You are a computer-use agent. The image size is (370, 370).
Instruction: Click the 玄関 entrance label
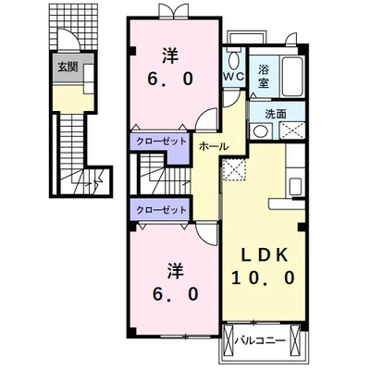[x=68, y=67]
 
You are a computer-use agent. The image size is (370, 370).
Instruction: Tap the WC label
[x=234, y=76]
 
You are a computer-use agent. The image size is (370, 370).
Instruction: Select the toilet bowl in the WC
[x=234, y=60]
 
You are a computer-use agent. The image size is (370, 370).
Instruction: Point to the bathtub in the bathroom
[x=292, y=77]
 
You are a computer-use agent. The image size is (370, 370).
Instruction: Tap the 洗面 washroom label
[x=276, y=115]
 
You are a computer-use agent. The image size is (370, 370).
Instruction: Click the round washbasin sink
[x=261, y=131]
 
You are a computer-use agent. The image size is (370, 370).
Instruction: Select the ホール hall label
[x=214, y=146]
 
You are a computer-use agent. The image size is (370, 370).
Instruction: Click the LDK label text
[x=264, y=255]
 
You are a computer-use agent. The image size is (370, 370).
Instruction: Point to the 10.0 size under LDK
[x=264, y=278]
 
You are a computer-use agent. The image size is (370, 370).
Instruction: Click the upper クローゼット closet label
[x=161, y=142]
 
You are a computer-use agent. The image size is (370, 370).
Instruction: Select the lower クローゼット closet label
[x=161, y=210]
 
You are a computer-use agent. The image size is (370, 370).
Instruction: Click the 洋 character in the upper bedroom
[x=170, y=56]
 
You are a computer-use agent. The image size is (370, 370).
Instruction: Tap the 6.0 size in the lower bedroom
[x=175, y=294]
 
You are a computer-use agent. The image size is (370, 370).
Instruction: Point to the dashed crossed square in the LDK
[x=234, y=169]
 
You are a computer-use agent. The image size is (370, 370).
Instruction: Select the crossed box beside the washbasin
[x=291, y=130]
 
